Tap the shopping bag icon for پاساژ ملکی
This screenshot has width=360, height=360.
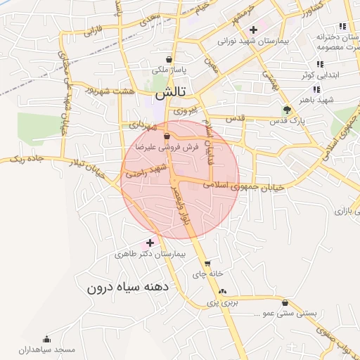[169, 59]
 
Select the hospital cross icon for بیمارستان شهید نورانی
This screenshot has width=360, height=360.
[254, 30]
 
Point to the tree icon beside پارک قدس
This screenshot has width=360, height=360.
[287, 109]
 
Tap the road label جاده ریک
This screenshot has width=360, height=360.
[27, 160]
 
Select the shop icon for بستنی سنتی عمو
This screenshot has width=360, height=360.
[285, 303]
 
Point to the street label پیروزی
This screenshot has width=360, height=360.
[188, 111]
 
